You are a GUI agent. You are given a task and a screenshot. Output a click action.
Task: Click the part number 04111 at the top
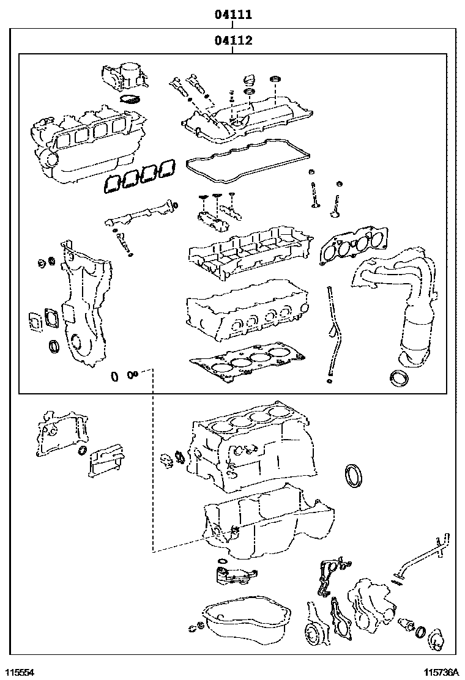[x=233, y=13]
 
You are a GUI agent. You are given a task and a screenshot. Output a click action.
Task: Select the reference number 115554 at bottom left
[x=20, y=672]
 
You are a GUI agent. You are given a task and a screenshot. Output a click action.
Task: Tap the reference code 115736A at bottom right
[x=442, y=672]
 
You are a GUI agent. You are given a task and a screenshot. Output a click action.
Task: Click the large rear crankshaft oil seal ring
[x=354, y=476]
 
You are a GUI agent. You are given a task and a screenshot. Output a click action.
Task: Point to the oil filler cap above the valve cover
[x=248, y=80]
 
